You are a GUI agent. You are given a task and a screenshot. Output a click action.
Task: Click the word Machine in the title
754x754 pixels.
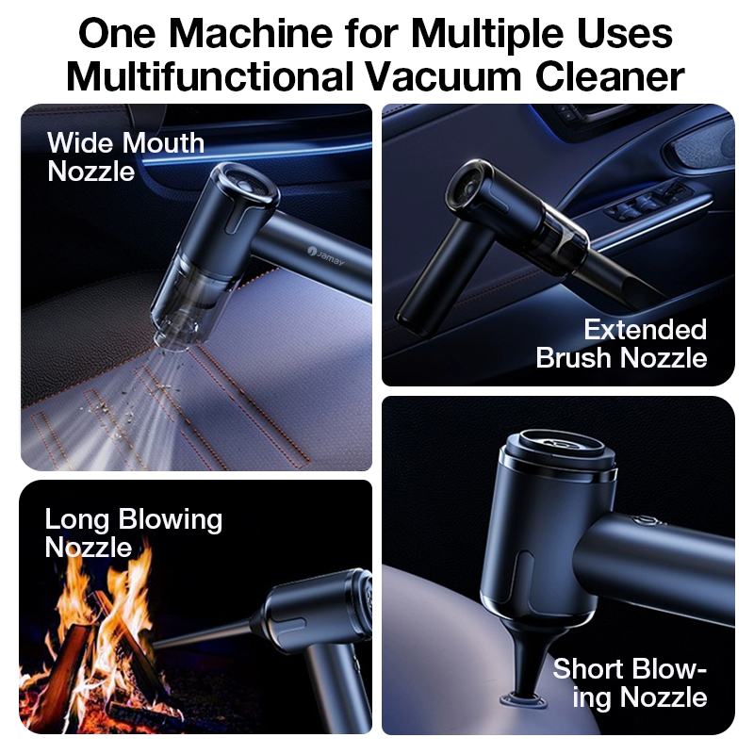(x=251, y=34)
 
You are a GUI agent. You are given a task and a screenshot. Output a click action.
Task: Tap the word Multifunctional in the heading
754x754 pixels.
(x=210, y=77)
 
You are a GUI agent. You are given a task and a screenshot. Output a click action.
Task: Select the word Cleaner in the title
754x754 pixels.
(x=610, y=77)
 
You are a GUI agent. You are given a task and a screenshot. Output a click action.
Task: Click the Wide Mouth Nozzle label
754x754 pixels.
(x=125, y=156)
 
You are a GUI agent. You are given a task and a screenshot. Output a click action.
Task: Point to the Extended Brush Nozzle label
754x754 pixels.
(x=621, y=343)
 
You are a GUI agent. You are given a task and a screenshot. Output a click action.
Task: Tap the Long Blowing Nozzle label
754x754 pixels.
(x=133, y=533)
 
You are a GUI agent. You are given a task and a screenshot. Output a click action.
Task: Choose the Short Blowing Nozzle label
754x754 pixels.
(x=630, y=682)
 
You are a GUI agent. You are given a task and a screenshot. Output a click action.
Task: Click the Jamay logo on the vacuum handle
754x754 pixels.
(x=326, y=256)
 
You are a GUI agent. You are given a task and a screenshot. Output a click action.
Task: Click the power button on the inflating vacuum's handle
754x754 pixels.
(x=647, y=521)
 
